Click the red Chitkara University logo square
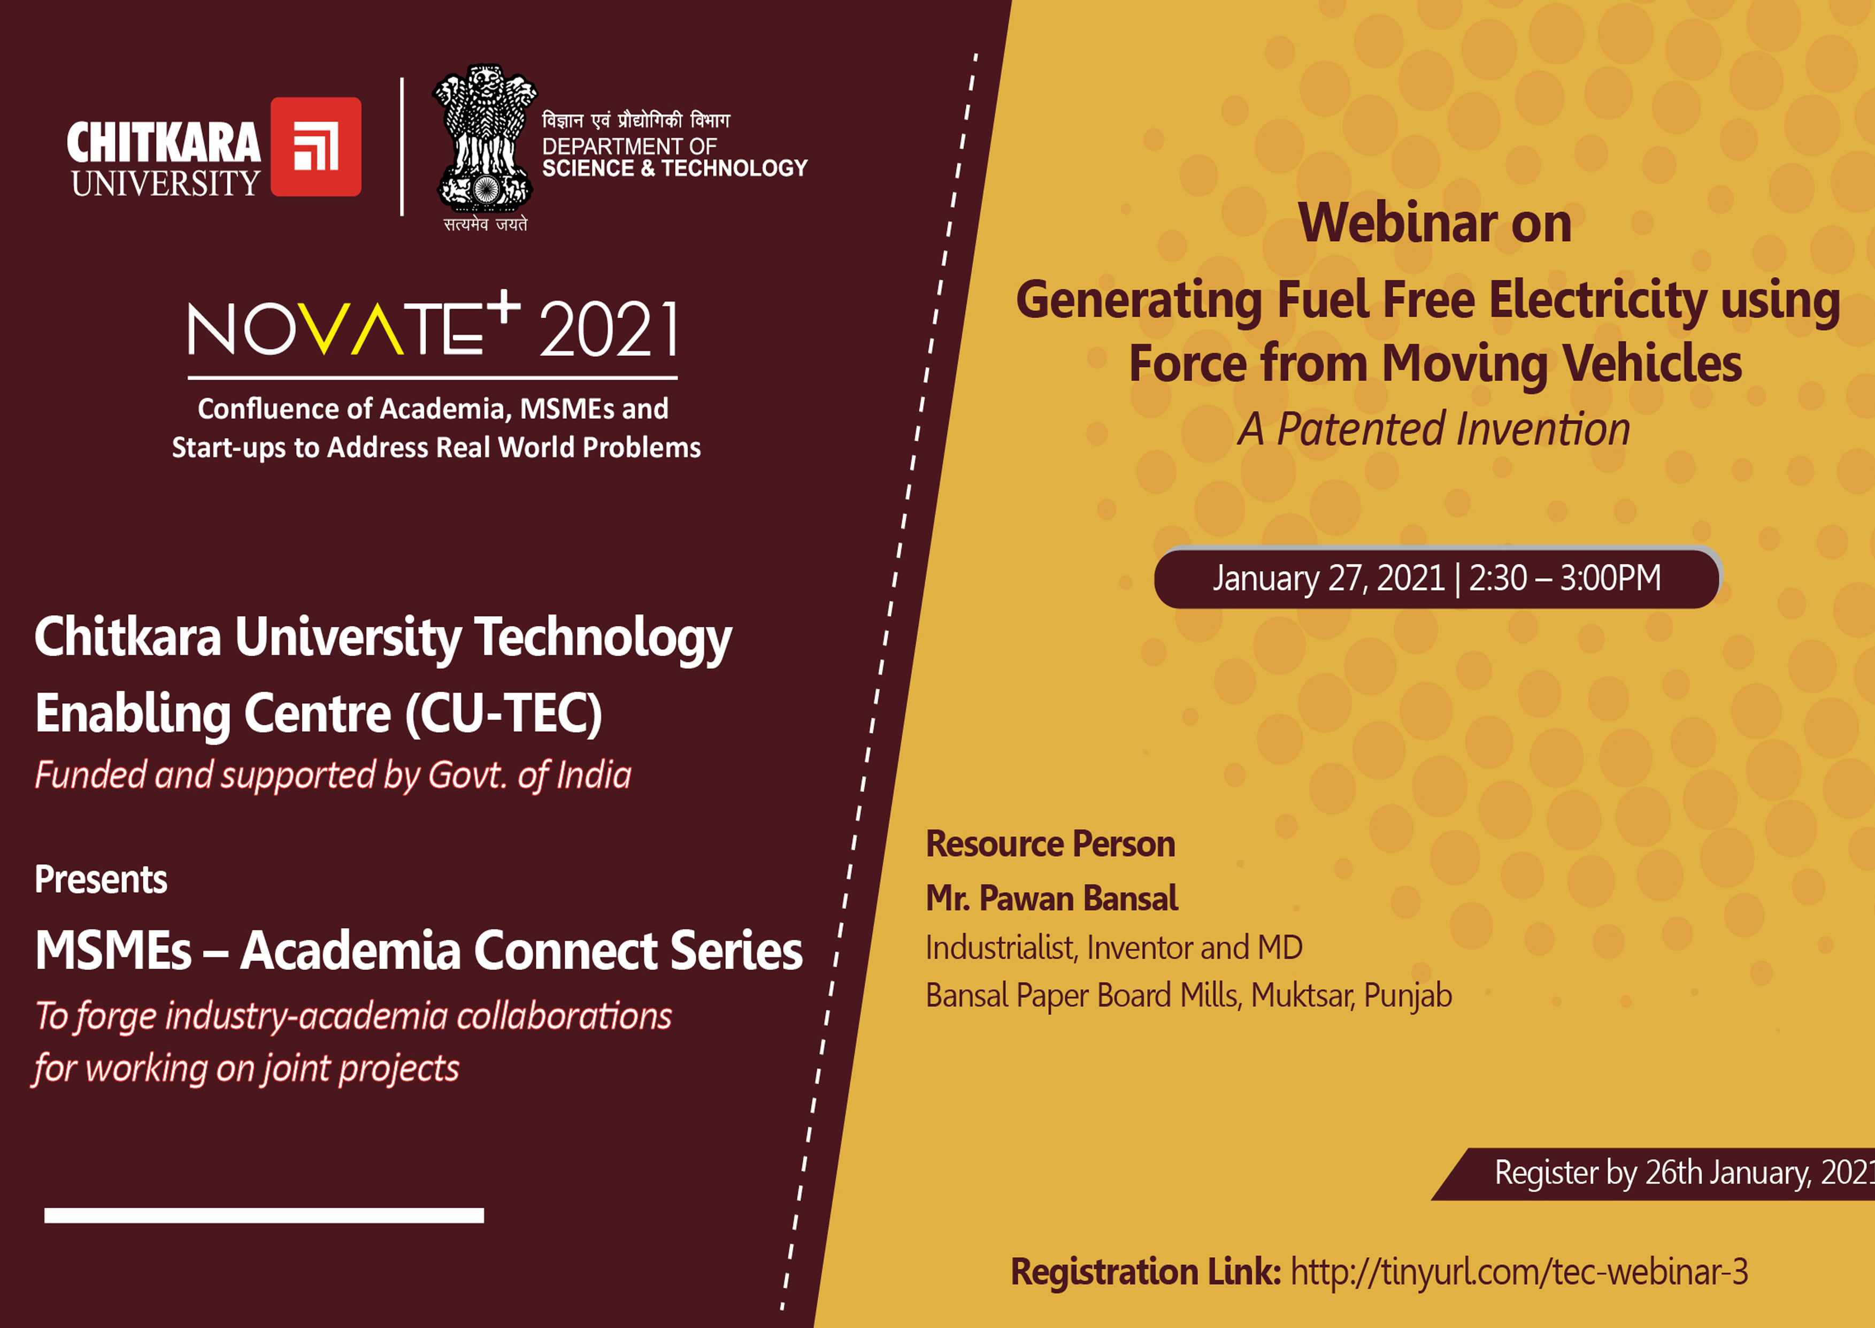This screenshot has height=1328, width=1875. pyautogui.click(x=316, y=147)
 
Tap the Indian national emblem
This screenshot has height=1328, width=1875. pyautogui.click(x=485, y=139)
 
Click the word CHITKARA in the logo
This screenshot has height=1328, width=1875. pyautogui.click(x=164, y=143)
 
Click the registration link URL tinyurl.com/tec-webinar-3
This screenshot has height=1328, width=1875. pyautogui.click(x=1519, y=1272)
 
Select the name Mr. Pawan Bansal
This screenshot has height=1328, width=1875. pyautogui.click(x=1051, y=898)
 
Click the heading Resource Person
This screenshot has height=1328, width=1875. pyautogui.click(x=1050, y=844)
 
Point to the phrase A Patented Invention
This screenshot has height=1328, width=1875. pyautogui.click(x=1433, y=429)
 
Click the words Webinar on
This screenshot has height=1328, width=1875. pyautogui.click(x=1435, y=222)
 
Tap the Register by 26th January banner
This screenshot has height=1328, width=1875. pyautogui.click(x=1654, y=1173)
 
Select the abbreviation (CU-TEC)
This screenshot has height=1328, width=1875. pyautogui.click(x=504, y=713)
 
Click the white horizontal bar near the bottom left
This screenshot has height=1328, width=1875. pyautogui.click(x=264, y=1215)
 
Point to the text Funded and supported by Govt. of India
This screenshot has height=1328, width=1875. pyautogui.click(x=333, y=775)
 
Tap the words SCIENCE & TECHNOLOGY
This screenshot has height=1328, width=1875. pyautogui.click(x=674, y=168)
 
